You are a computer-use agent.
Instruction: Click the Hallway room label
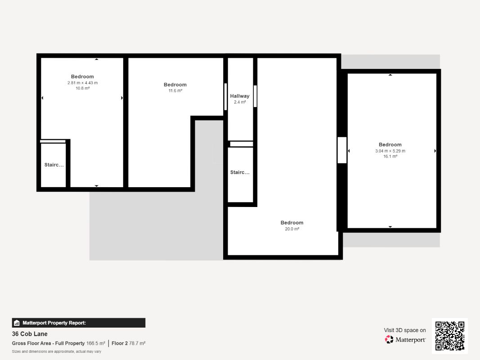coord(240,96)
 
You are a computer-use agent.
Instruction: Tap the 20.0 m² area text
coord(292,229)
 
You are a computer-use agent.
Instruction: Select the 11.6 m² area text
coord(175,90)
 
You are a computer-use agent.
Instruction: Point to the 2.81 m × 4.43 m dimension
coord(83,83)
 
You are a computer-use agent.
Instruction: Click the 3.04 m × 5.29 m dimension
coord(390,151)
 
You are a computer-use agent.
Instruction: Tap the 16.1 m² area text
coord(390,157)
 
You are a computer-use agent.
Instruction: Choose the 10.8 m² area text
coord(83,88)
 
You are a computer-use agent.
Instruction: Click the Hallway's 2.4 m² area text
coord(240,102)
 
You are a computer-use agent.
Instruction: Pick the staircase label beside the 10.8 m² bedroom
coord(54,165)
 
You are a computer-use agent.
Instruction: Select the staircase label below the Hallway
coord(240,172)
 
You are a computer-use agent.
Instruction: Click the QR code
coord(450,336)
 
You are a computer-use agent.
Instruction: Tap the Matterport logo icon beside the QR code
coord(389,339)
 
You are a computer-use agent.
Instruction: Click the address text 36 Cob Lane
coord(30,334)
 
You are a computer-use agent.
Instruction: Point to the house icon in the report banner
coord(17,323)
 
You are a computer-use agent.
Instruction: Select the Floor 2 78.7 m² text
coord(129,343)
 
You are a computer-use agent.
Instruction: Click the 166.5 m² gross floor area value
coord(96,343)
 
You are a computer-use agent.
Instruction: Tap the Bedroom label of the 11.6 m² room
coord(175,85)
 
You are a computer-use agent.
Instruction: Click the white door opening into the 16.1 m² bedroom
coord(342,150)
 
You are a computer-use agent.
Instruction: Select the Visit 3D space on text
coord(405,330)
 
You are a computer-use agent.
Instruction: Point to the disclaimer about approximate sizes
coord(57,351)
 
